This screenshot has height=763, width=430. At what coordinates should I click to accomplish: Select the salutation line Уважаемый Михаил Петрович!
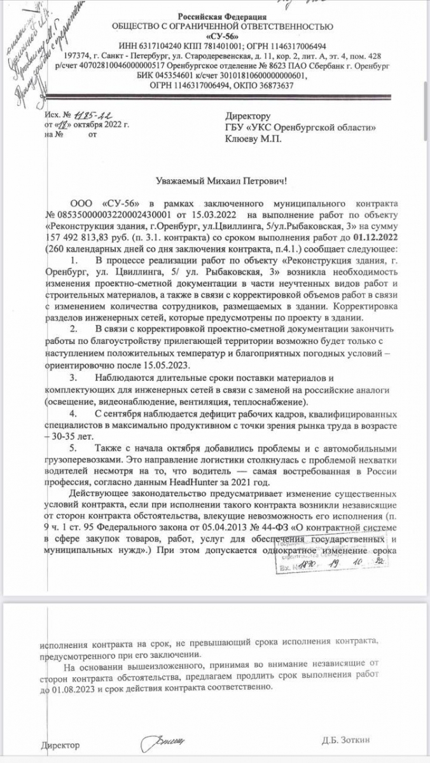[221, 182]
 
